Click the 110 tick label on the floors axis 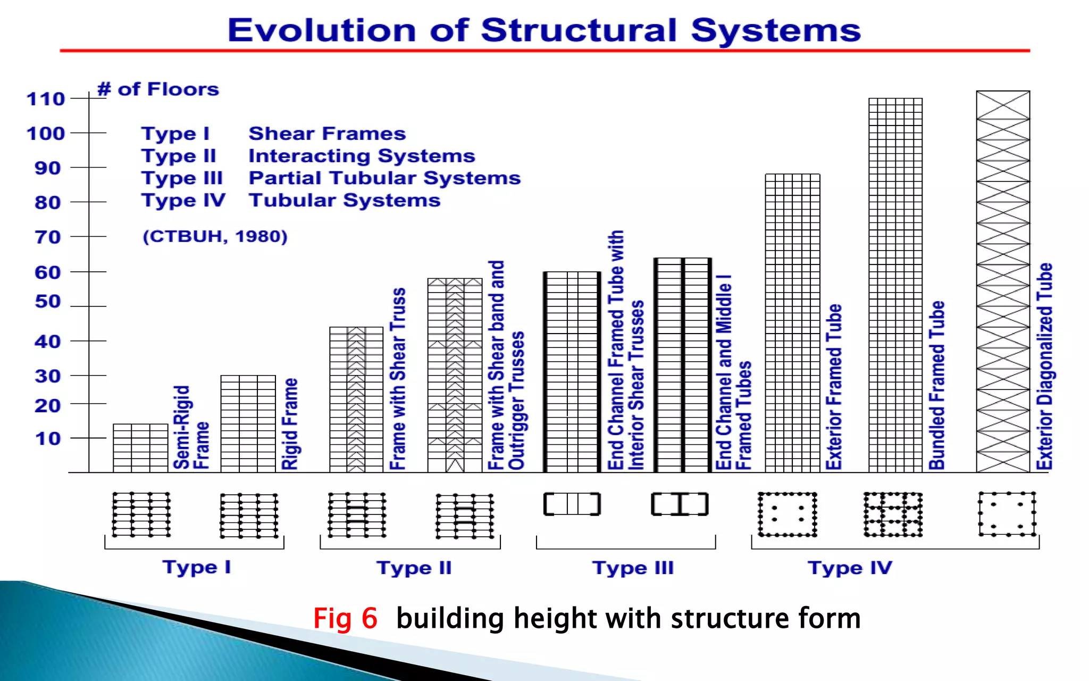point(46,99)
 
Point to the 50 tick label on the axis point(47,302)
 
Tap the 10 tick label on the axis point(48,439)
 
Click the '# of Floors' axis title point(158,89)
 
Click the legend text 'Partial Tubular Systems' point(384,178)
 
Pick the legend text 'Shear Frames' point(327,134)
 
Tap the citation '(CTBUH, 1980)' point(215,236)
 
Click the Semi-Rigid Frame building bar point(140,448)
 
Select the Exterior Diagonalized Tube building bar point(1003,282)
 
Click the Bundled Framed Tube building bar point(895,285)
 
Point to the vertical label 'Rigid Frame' point(290,424)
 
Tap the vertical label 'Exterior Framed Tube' point(834,387)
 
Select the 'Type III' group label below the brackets point(633,568)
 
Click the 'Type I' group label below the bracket point(196,567)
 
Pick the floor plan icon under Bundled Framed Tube point(893,514)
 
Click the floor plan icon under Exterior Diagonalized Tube point(1007,514)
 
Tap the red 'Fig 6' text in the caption point(345,618)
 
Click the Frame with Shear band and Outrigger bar point(455,375)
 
